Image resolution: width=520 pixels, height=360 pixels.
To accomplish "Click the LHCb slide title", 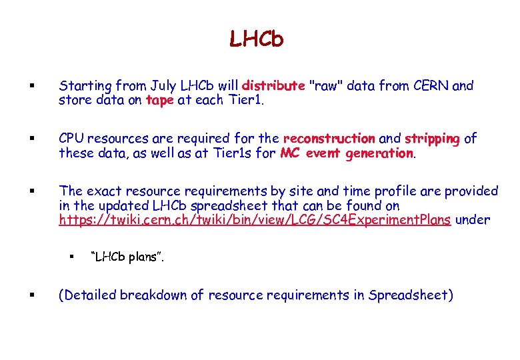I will (x=257, y=39).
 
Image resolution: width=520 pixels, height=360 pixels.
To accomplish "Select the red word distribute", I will (x=273, y=86).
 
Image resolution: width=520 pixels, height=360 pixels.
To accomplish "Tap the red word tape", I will (x=159, y=101).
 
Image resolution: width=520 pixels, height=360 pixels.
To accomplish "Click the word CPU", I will (x=73, y=139).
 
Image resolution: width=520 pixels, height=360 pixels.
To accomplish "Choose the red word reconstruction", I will (x=329, y=139).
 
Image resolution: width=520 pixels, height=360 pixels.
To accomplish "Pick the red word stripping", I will (x=432, y=139).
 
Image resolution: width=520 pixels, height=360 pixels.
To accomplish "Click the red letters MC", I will (x=289, y=153).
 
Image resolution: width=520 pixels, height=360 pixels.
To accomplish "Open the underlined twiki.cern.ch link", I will (x=255, y=221).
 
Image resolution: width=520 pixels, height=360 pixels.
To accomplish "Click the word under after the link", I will (x=473, y=221).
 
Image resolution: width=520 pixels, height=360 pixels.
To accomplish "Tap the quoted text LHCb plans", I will (x=127, y=257).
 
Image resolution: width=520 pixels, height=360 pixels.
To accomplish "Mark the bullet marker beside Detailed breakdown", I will (x=33, y=295).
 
